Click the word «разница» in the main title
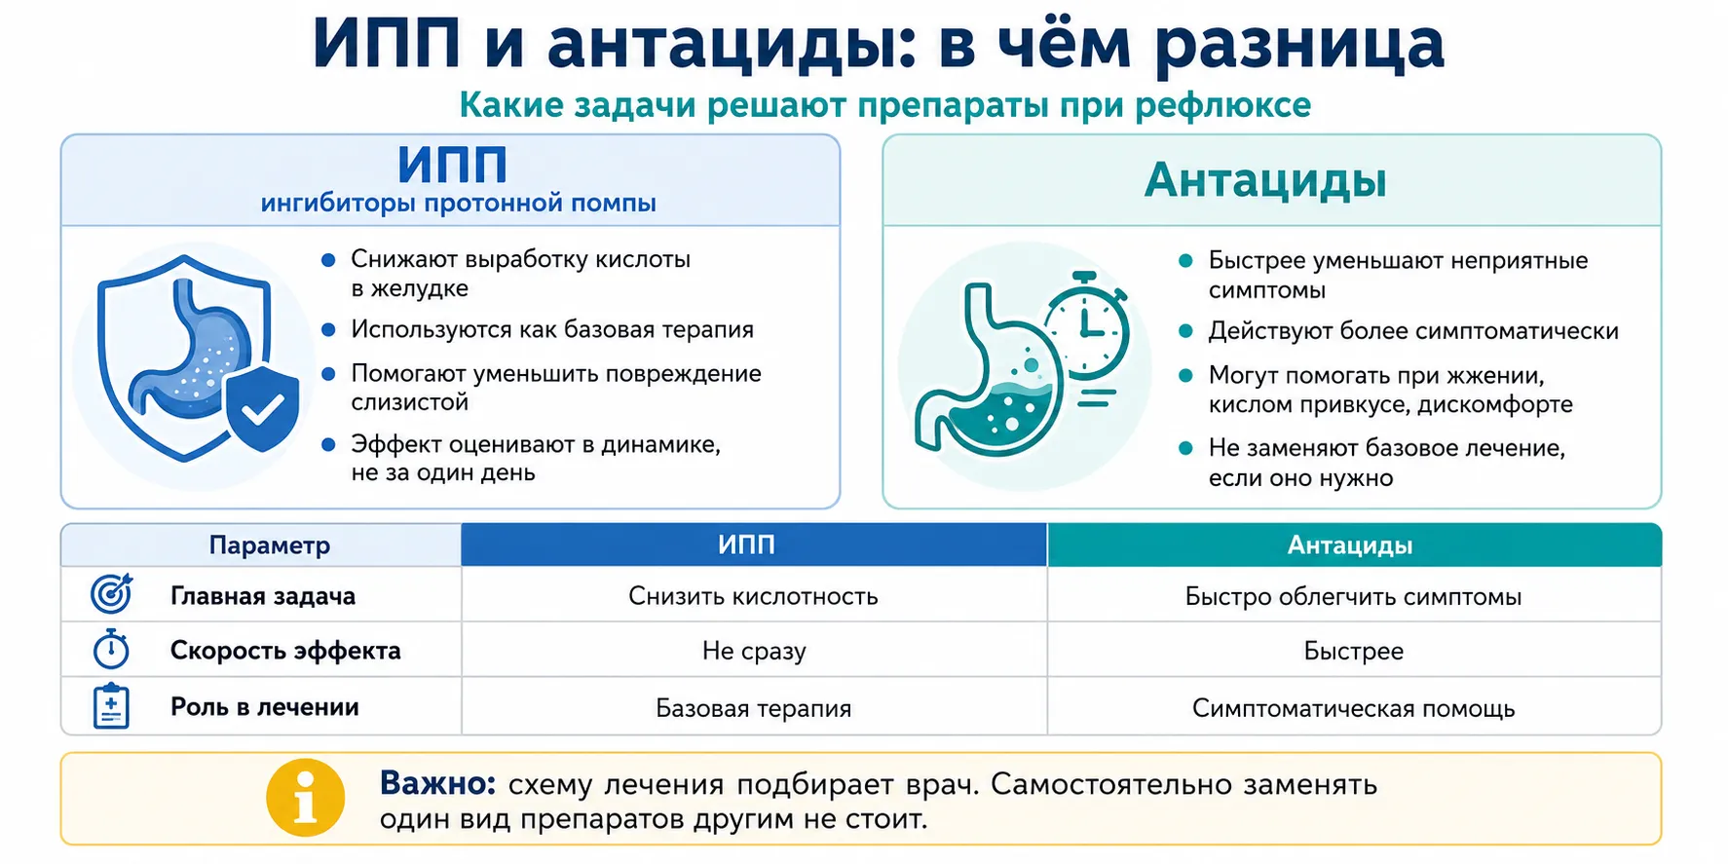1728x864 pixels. coord(1298,45)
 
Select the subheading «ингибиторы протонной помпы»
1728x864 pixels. coord(458,204)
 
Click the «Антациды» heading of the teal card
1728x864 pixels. coord(1265,180)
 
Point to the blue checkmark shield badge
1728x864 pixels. coord(262,410)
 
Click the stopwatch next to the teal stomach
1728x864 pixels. coord(1086,325)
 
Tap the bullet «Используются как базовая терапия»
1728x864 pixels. coord(552,329)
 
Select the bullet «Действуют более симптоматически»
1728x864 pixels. coord(1413,331)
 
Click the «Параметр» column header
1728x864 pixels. coord(270,545)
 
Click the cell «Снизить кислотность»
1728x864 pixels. coord(753,596)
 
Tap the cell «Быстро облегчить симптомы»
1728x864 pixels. coord(1353,596)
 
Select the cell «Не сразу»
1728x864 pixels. coord(754,651)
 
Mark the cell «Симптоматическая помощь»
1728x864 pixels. coord(1353,708)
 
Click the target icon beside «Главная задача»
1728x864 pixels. coord(111,593)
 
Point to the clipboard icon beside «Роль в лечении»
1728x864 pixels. coord(111,706)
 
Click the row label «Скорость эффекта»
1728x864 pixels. coord(285,651)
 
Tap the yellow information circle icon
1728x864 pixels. coord(306,798)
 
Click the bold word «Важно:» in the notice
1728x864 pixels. coord(438,783)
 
